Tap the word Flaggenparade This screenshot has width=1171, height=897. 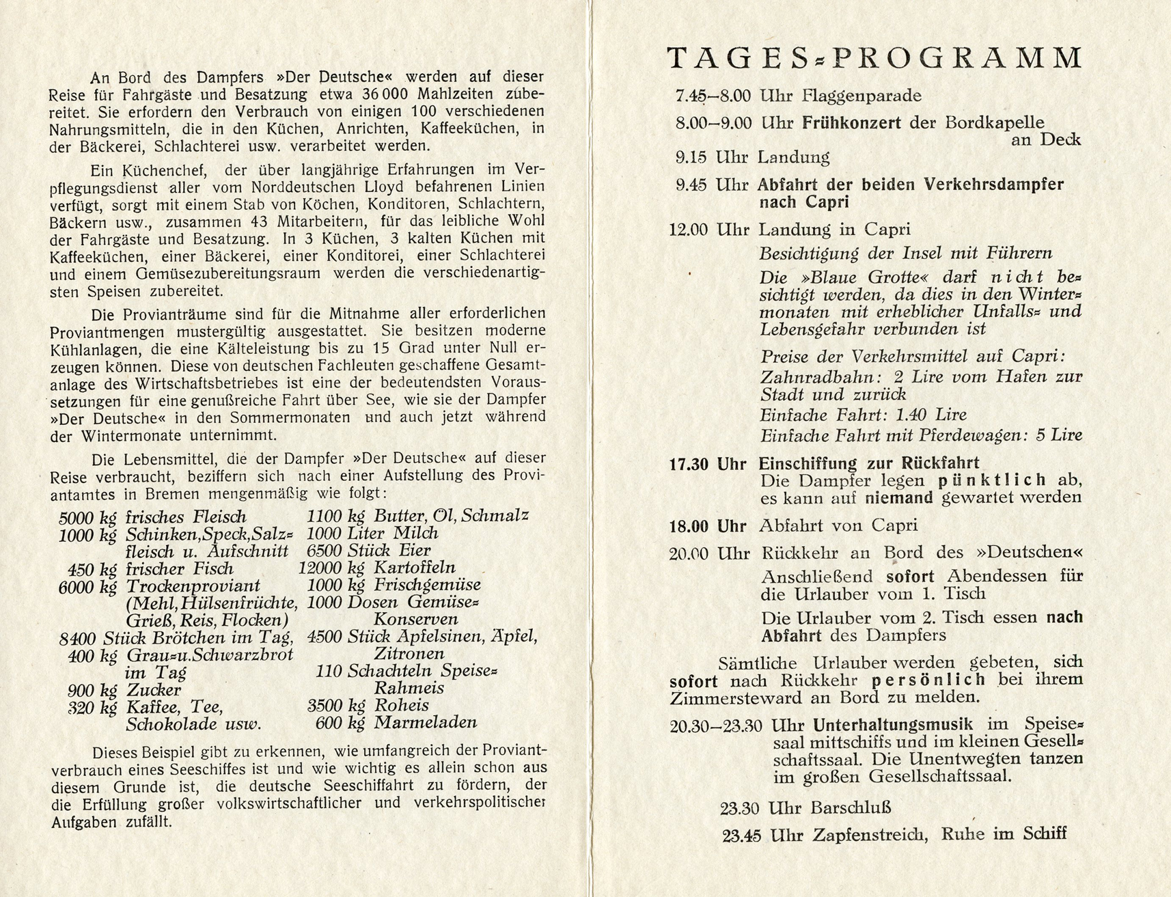[862, 96]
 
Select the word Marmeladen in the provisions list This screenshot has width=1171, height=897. [425, 723]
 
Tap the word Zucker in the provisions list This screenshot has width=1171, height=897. [153, 690]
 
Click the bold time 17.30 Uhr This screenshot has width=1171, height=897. [707, 465]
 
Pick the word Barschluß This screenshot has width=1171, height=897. [851, 808]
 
